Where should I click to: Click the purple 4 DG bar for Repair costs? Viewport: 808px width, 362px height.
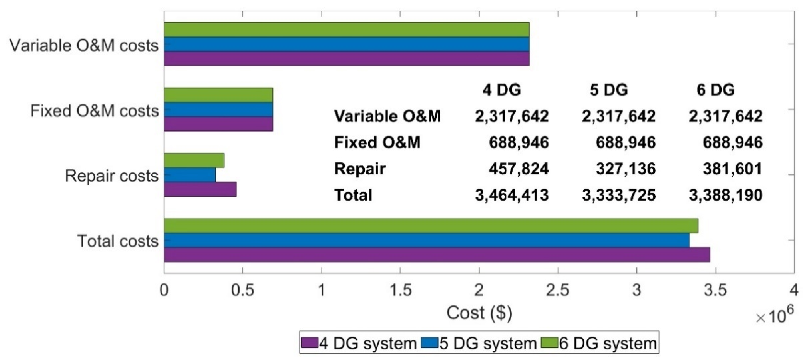tap(200, 189)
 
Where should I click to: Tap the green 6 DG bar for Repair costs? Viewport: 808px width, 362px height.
tap(194, 160)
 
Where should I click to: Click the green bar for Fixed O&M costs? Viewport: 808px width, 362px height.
tap(218, 95)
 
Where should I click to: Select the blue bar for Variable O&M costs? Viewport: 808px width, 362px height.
tap(347, 44)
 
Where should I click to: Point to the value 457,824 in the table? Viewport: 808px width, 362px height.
tap(518, 169)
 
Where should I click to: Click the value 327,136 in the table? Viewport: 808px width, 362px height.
tap(625, 169)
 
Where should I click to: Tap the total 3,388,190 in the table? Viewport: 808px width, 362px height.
tap(725, 195)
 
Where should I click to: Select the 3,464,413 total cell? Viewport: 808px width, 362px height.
tap(512, 195)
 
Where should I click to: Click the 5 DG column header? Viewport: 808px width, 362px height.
tap(609, 90)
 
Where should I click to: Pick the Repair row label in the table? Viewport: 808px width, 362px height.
tap(360, 169)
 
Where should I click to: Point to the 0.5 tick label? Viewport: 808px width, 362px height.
tap(242, 290)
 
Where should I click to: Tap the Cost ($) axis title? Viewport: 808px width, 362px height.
tap(479, 313)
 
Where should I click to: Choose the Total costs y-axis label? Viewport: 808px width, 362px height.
tap(118, 241)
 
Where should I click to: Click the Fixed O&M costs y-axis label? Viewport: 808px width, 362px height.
tap(94, 111)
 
